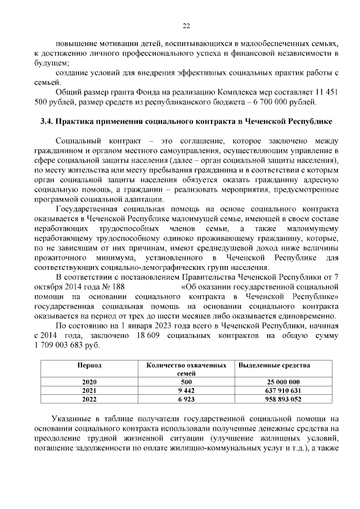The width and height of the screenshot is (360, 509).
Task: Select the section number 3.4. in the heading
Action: point(49,121)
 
